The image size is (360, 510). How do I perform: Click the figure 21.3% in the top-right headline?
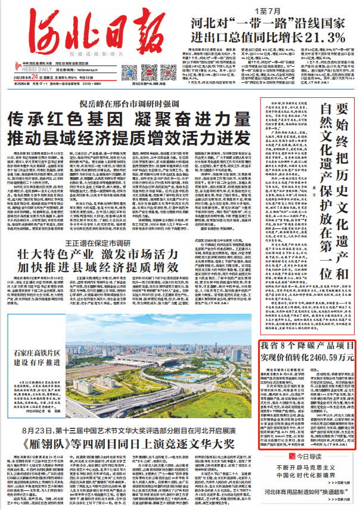[x=327, y=38]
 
